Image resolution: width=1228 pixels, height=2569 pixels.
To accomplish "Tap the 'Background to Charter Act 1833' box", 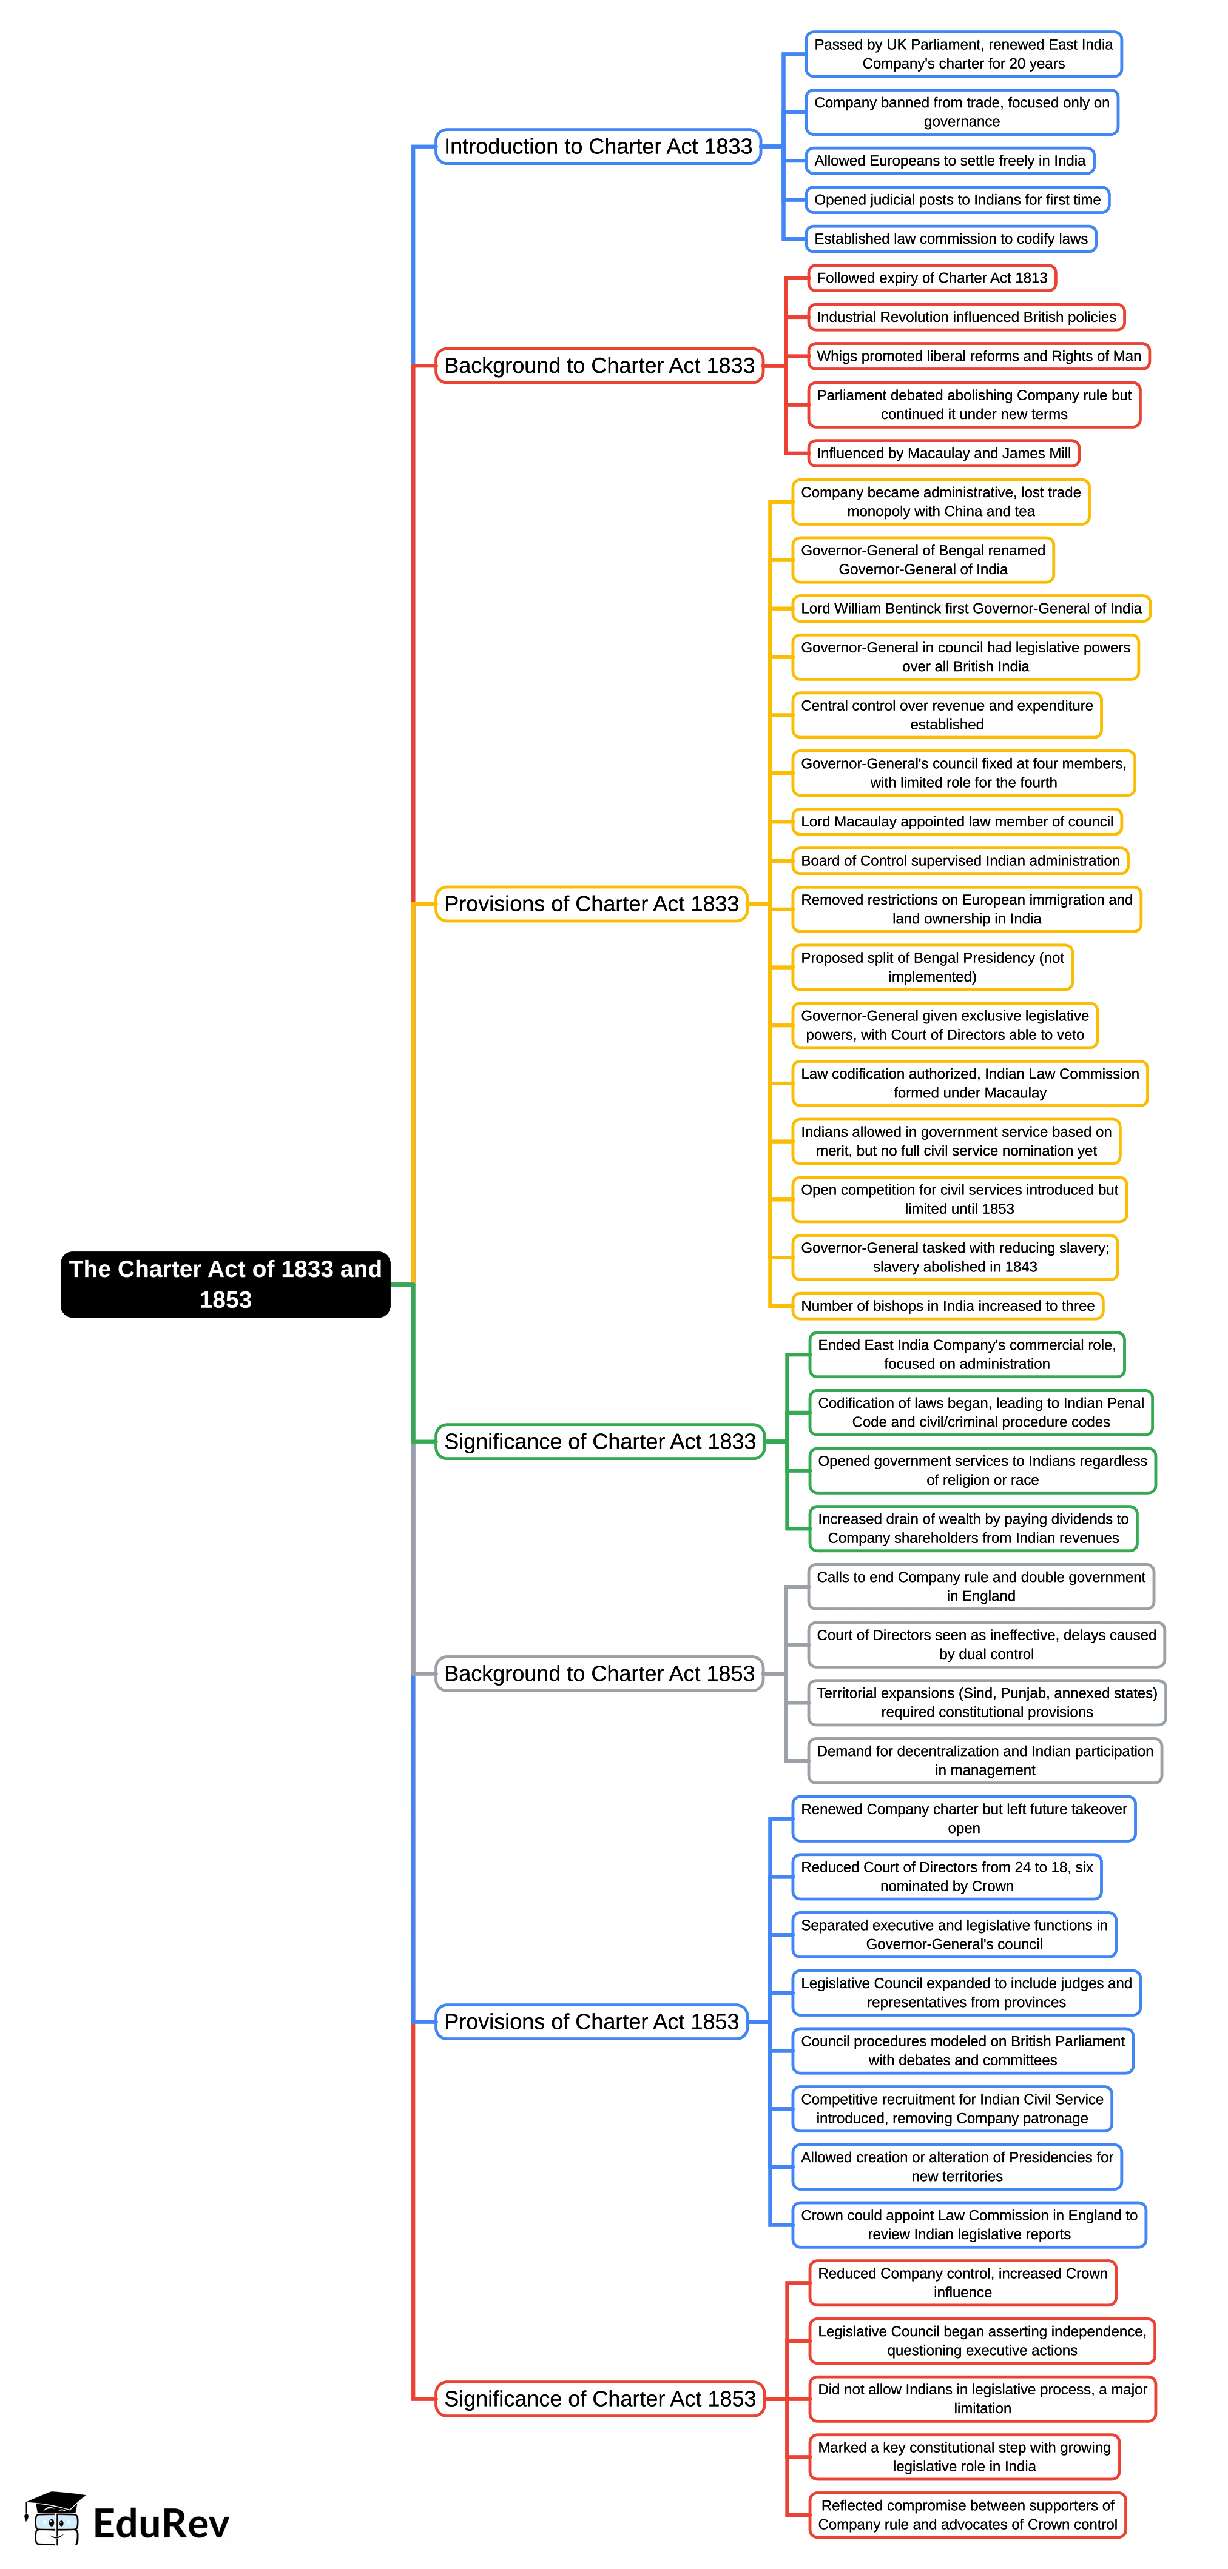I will tap(599, 366).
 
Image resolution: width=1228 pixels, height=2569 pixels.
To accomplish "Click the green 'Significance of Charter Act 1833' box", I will tap(599, 1441).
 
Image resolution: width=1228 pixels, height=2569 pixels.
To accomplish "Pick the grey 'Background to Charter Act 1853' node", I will tap(599, 1673).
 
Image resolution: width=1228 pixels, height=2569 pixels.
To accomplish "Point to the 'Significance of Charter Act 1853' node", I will tap(599, 2399).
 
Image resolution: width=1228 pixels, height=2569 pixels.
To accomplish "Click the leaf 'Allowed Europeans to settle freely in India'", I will tap(949, 161).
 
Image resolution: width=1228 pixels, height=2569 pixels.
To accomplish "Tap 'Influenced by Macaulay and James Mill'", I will tap(943, 453).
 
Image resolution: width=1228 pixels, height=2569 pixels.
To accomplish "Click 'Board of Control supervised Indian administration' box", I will tap(960, 860).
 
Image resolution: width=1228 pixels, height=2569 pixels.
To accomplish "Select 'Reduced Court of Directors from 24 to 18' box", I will tap(946, 1876).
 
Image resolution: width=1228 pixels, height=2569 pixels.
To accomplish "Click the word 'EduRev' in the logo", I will tap(161, 2523).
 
